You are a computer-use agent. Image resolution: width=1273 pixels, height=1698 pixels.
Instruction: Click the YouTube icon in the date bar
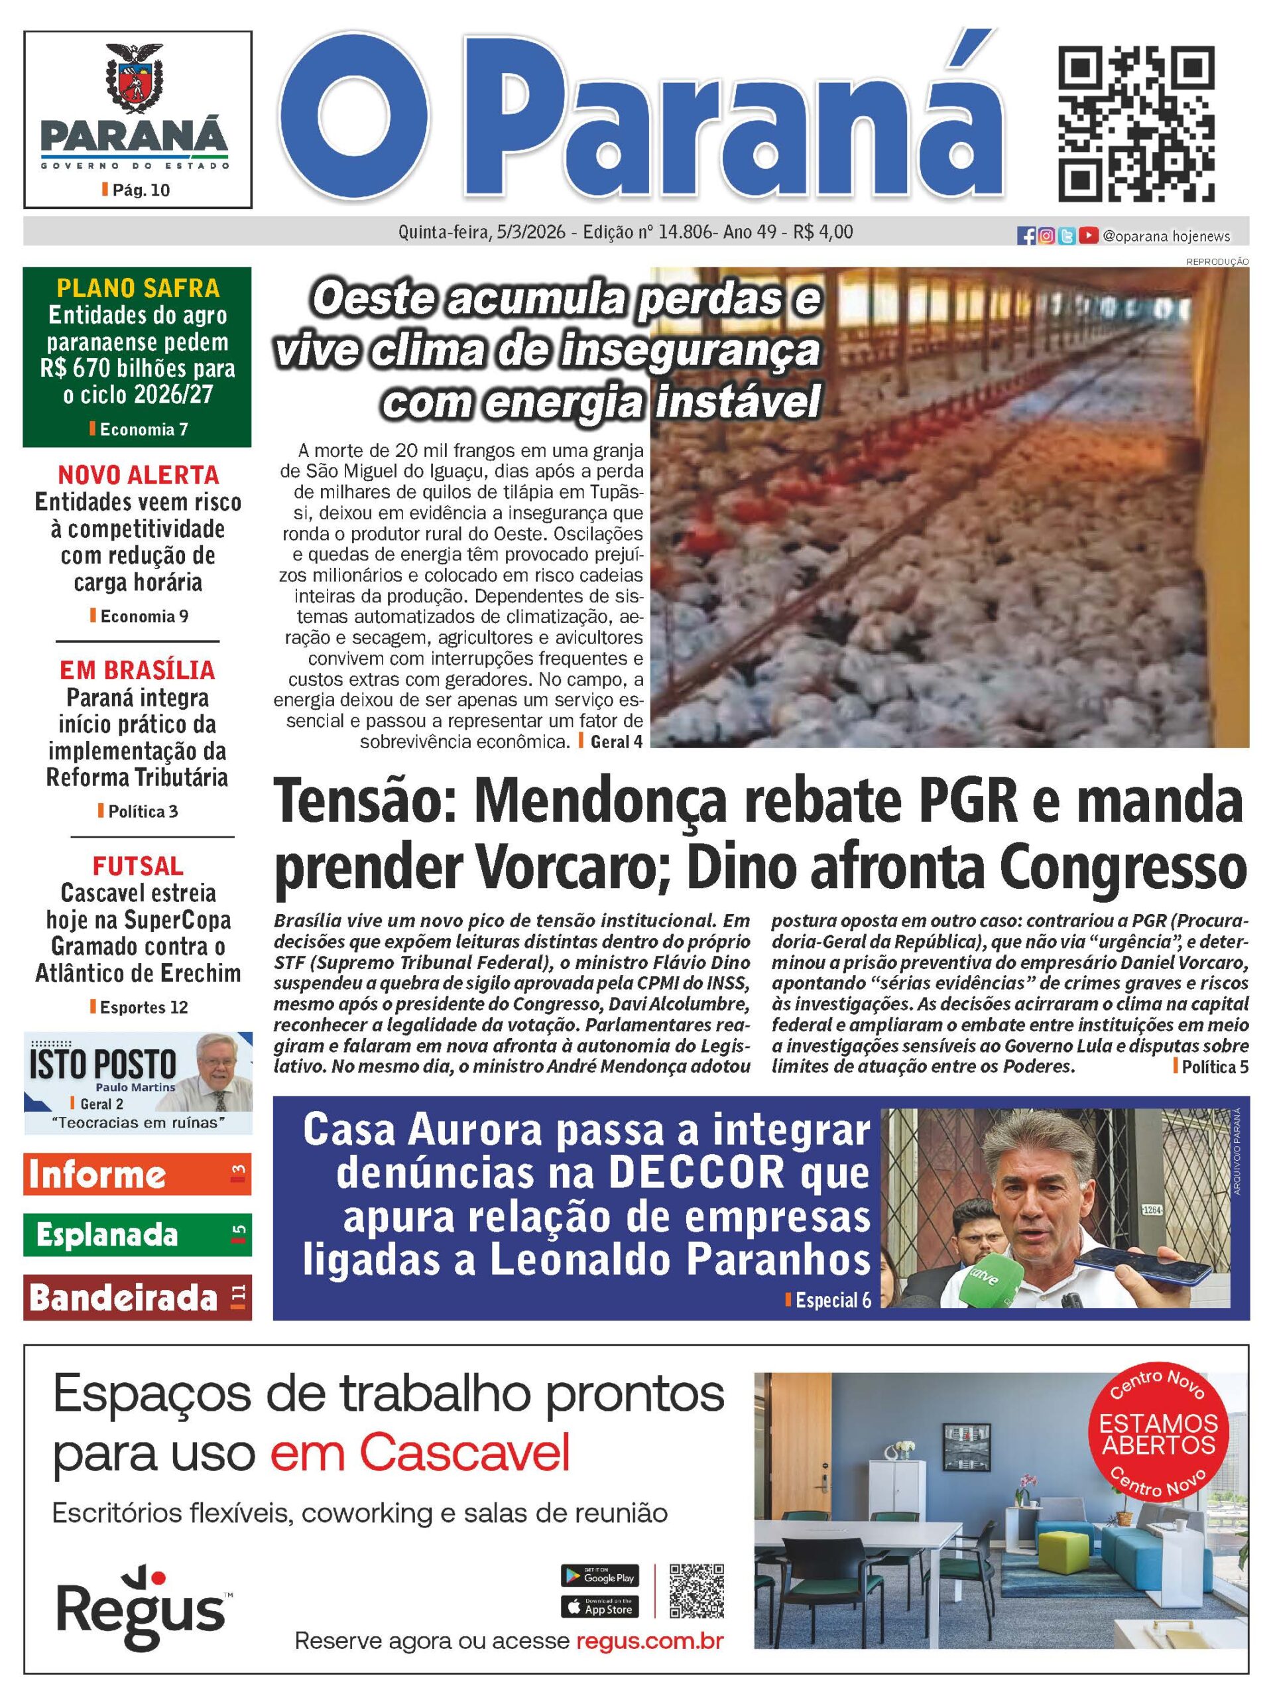pos(1087,236)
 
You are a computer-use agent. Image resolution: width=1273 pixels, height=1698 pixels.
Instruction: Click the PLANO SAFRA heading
pos(138,288)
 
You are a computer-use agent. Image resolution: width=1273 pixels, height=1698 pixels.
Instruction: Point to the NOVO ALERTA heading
pos(138,474)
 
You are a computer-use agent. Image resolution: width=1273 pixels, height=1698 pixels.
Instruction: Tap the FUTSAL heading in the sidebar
pos(138,866)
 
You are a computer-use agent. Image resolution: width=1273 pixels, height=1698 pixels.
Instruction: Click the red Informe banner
pos(137,1175)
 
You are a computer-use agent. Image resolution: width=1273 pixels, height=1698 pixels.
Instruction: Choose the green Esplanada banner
pos(137,1234)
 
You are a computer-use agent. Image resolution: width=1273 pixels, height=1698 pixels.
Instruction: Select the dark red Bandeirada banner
pos(137,1297)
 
